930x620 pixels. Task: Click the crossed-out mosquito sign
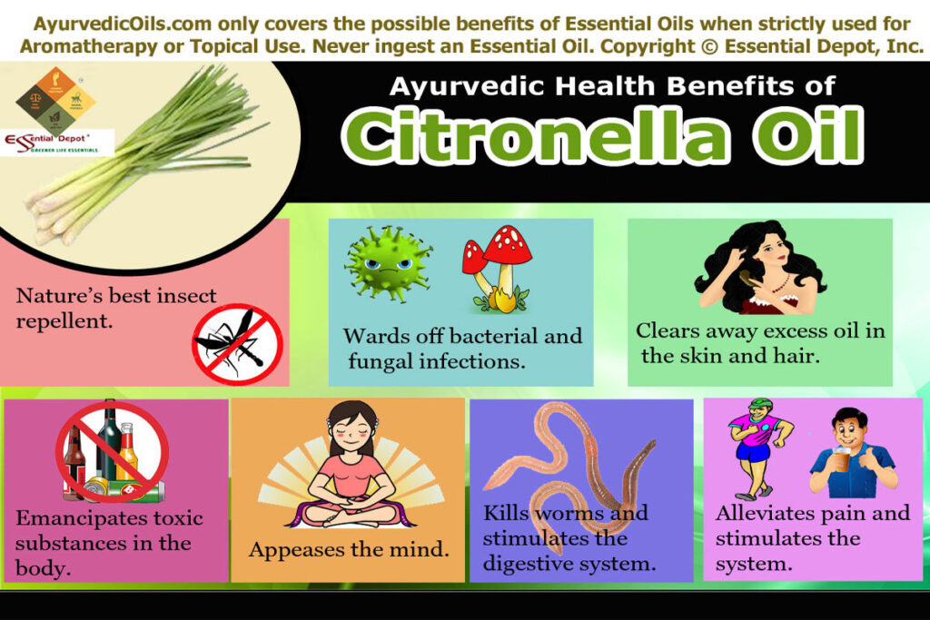[237, 344]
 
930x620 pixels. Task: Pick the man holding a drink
[850, 454]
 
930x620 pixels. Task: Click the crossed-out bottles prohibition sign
[112, 451]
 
